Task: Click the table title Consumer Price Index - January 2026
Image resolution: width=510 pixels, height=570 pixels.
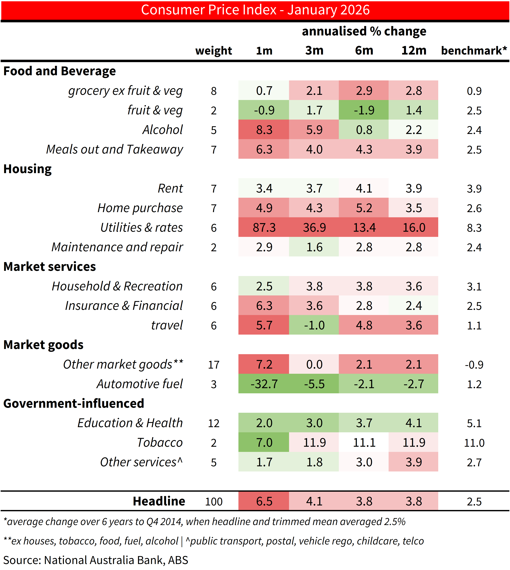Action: [255, 10]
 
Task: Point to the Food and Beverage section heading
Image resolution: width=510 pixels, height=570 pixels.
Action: [59, 71]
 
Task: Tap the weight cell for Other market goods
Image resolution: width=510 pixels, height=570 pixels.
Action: [214, 364]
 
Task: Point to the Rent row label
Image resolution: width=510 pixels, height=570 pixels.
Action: [170, 188]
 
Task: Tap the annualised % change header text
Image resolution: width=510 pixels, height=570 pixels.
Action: [364, 31]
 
